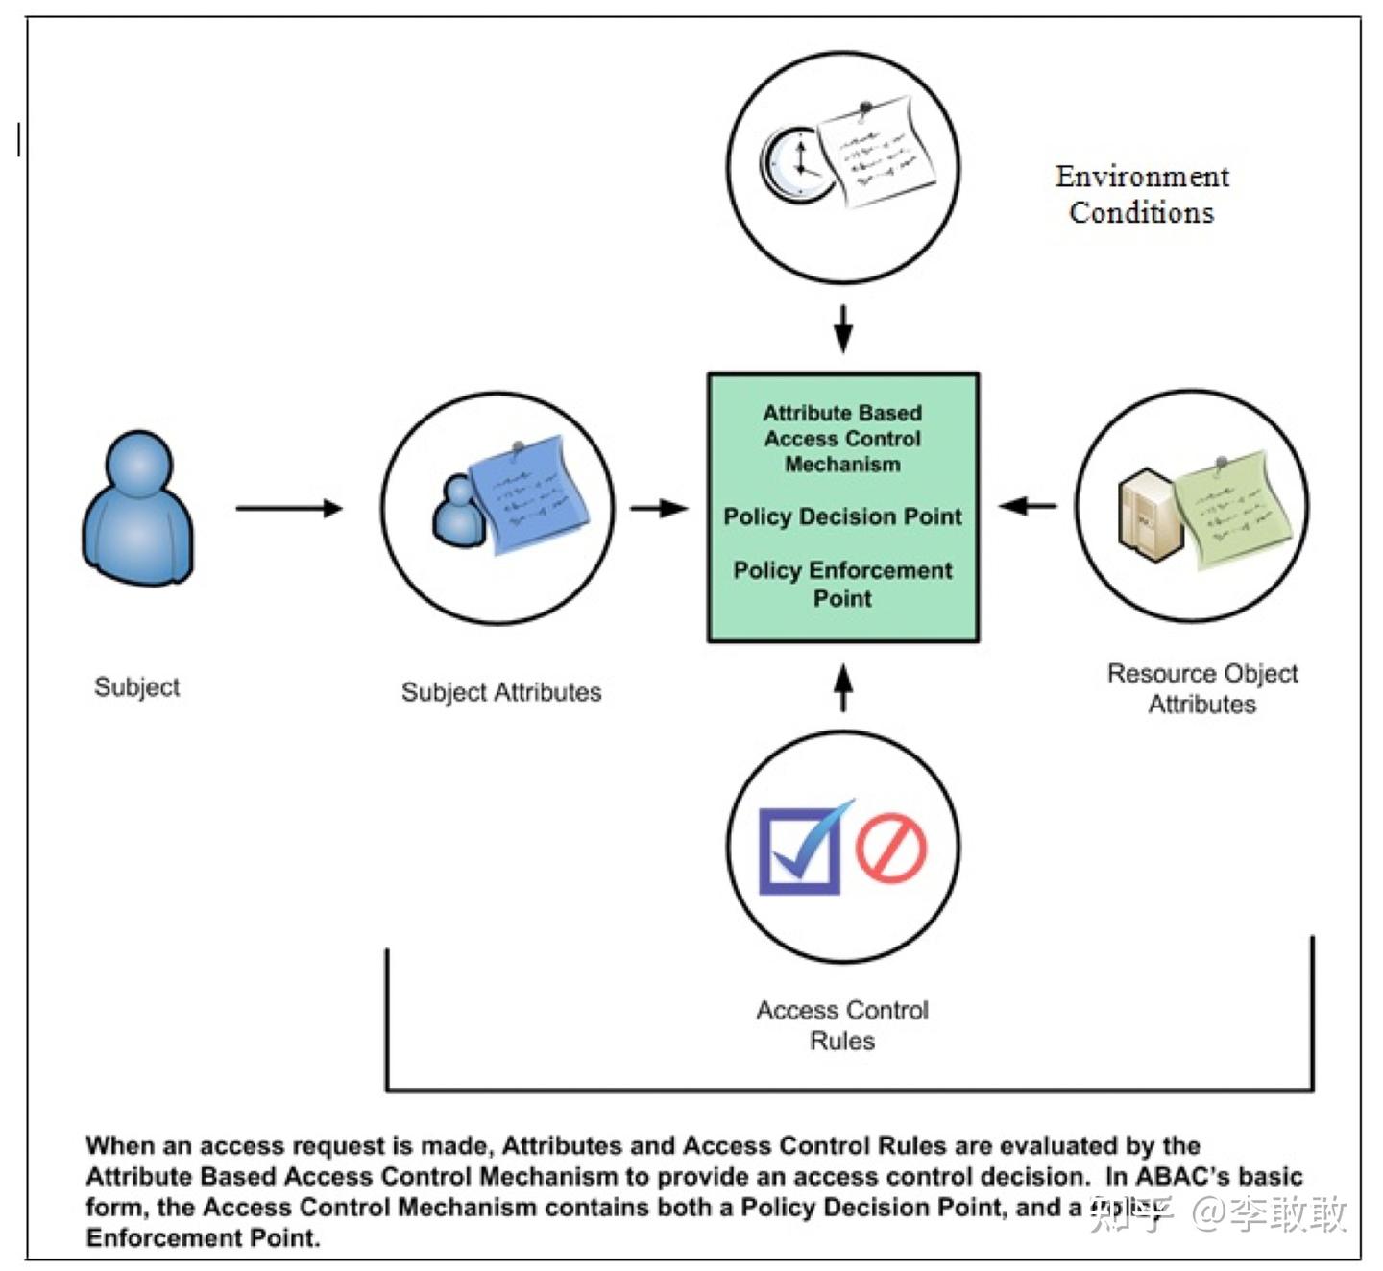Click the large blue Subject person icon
click(138, 508)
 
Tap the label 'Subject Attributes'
click(500, 692)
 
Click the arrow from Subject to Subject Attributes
click(289, 508)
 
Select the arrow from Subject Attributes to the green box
click(659, 508)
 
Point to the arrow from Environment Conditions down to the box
click(842, 329)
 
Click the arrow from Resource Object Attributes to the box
click(1028, 505)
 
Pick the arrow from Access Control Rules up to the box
click(842, 687)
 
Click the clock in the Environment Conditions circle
click(796, 164)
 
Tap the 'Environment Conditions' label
click(1141, 194)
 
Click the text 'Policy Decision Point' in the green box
click(842, 516)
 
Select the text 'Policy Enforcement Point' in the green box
click(842, 584)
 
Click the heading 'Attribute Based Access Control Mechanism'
click(842, 438)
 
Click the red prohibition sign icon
click(890, 848)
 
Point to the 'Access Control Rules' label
click(842, 1024)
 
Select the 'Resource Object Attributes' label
click(1201, 688)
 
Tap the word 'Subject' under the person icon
click(136, 686)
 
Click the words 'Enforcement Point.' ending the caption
click(203, 1237)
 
